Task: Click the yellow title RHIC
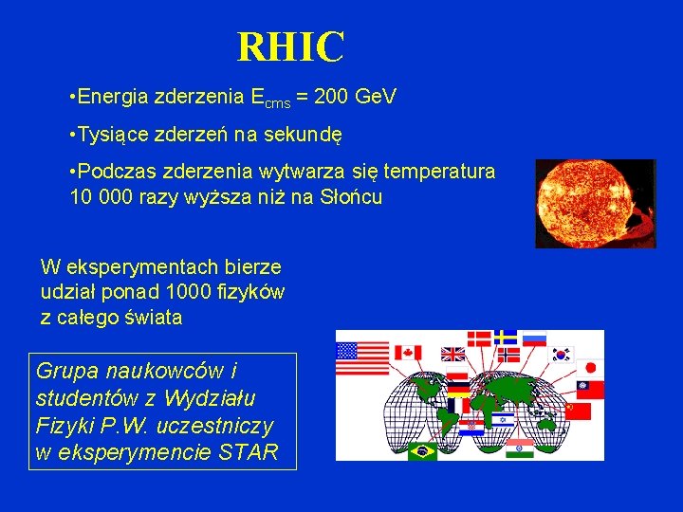[290, 47]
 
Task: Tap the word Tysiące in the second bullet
[111, 136]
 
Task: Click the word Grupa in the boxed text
[64, 370]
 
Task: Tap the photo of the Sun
[595, 203]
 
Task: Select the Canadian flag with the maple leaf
[407, 353]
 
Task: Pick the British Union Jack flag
[453, 354]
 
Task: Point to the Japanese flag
[590, 367]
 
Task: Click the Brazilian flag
[422, 451]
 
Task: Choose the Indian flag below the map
[519, 448]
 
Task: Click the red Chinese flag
[577, 411]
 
